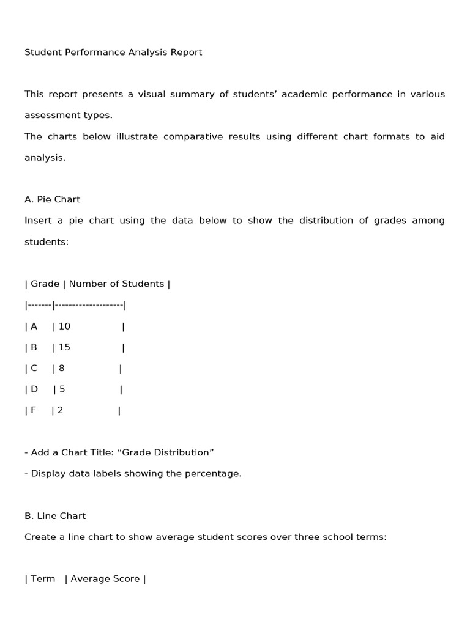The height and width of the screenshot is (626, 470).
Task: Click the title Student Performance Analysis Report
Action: (x=113, y=53)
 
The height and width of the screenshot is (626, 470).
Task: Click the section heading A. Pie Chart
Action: (x=52, y=199)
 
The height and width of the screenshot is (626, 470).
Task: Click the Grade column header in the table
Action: (x=45, y=284)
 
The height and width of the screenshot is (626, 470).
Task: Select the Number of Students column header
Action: (x=116, y=284)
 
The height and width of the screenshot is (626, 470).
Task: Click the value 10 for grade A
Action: (x=64, y=326)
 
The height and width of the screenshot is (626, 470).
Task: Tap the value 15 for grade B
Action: (x=64, y=347)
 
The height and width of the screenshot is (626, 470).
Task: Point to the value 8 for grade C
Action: (x=61, y=369)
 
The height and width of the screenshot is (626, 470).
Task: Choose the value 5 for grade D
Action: (x=62, y=389)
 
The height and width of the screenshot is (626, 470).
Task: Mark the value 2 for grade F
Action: (x=60, y=411)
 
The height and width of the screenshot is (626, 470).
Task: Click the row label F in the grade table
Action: (x=33, y=411)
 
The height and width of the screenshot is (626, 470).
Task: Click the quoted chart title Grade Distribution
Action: (x=165, y=453)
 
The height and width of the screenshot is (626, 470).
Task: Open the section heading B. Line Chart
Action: (x=55, y=516)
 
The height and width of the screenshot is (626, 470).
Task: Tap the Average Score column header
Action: (x=105, y=579)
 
